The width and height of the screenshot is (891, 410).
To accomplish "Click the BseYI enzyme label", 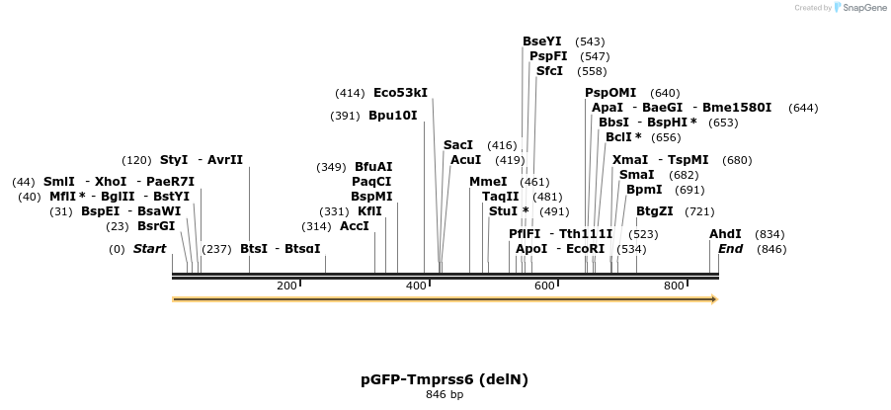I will [541, 41].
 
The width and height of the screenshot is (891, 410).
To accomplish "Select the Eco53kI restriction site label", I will [400, 93].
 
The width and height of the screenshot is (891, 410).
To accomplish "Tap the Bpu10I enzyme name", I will [392, 116].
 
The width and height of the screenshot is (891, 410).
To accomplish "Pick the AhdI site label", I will [725, 234].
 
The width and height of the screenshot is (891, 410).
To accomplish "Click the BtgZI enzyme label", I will [654, 210].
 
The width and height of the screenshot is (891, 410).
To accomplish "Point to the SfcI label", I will [549, 71].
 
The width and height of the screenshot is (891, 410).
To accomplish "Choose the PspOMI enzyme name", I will [610, 93].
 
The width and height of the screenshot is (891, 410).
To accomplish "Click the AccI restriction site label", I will [354, 226].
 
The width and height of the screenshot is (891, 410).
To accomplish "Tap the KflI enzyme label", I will [369, 211].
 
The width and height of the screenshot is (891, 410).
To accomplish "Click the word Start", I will [149, 249].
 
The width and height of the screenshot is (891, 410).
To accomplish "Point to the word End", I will [730, 249].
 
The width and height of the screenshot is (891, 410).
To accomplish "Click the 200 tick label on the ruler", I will [286, 286].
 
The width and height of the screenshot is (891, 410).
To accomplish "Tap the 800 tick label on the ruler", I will [674, 286].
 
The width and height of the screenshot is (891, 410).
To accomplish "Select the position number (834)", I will [769, 234].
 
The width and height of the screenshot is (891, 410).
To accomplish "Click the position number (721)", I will [699, 211].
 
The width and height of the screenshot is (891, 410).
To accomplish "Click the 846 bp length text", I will [445, 395].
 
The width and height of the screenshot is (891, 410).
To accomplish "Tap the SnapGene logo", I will [857, 8].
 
